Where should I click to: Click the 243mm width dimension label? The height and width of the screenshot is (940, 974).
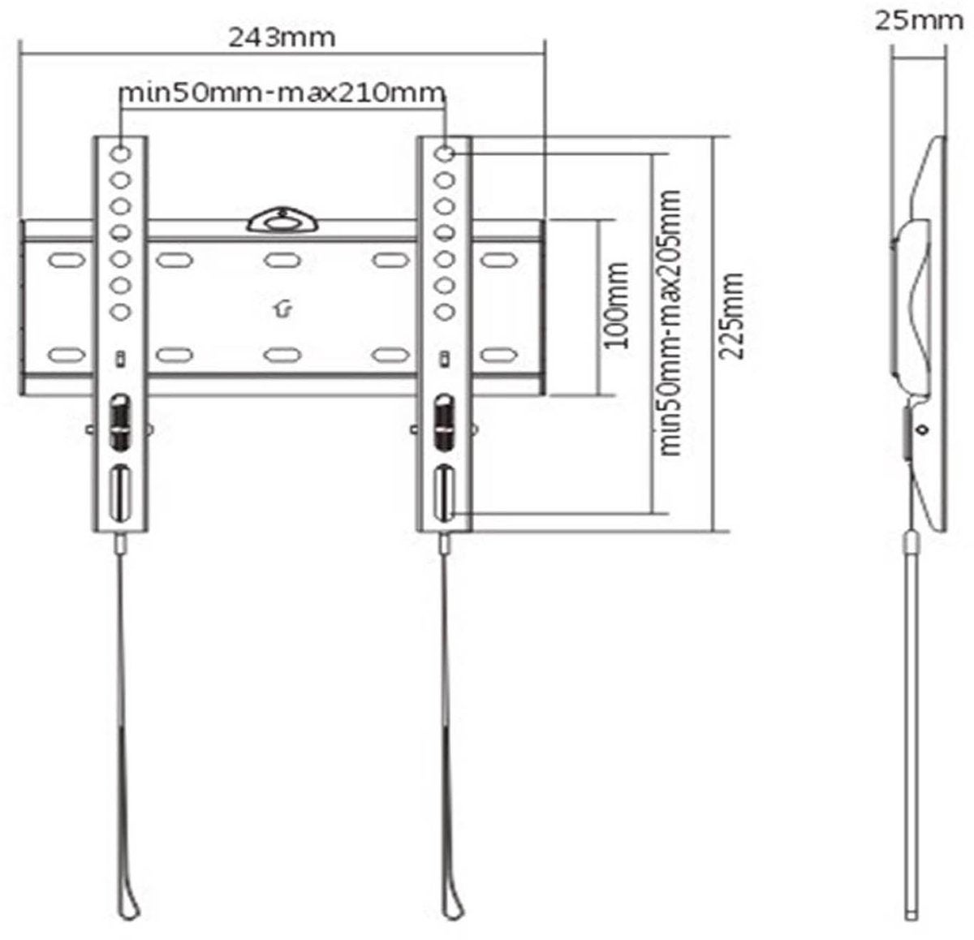282,37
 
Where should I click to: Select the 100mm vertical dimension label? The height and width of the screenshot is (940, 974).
618,305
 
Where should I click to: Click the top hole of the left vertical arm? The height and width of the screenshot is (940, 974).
121,153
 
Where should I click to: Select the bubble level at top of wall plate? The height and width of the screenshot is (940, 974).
281,220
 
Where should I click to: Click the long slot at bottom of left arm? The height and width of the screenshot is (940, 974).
120,493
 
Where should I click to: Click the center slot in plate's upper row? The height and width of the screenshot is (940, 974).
279,261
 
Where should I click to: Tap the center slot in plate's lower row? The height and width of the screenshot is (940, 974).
279,355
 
